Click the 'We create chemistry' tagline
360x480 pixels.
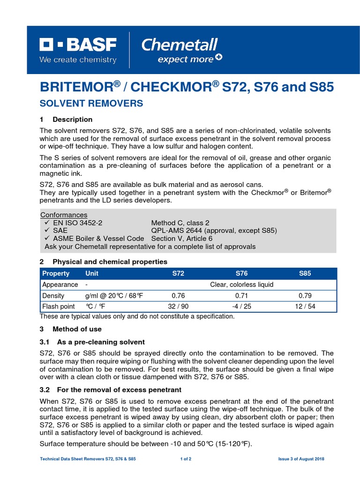point(78,60)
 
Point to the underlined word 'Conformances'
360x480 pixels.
point(64,215)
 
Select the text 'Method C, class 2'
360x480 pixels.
point(180,223)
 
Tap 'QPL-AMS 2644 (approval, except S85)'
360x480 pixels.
point(214,231)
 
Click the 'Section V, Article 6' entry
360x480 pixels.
point(181,239)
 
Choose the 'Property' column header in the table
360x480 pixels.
point(56,273)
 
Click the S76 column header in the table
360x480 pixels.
point(241,273)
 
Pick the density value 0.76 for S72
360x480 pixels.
point(179,296)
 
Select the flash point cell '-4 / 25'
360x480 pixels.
point(241,307)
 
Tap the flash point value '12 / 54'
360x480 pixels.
point(305,307)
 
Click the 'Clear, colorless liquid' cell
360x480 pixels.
point(241,285)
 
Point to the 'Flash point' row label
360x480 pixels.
point(59,307)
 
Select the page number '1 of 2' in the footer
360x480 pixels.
point(186,459)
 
